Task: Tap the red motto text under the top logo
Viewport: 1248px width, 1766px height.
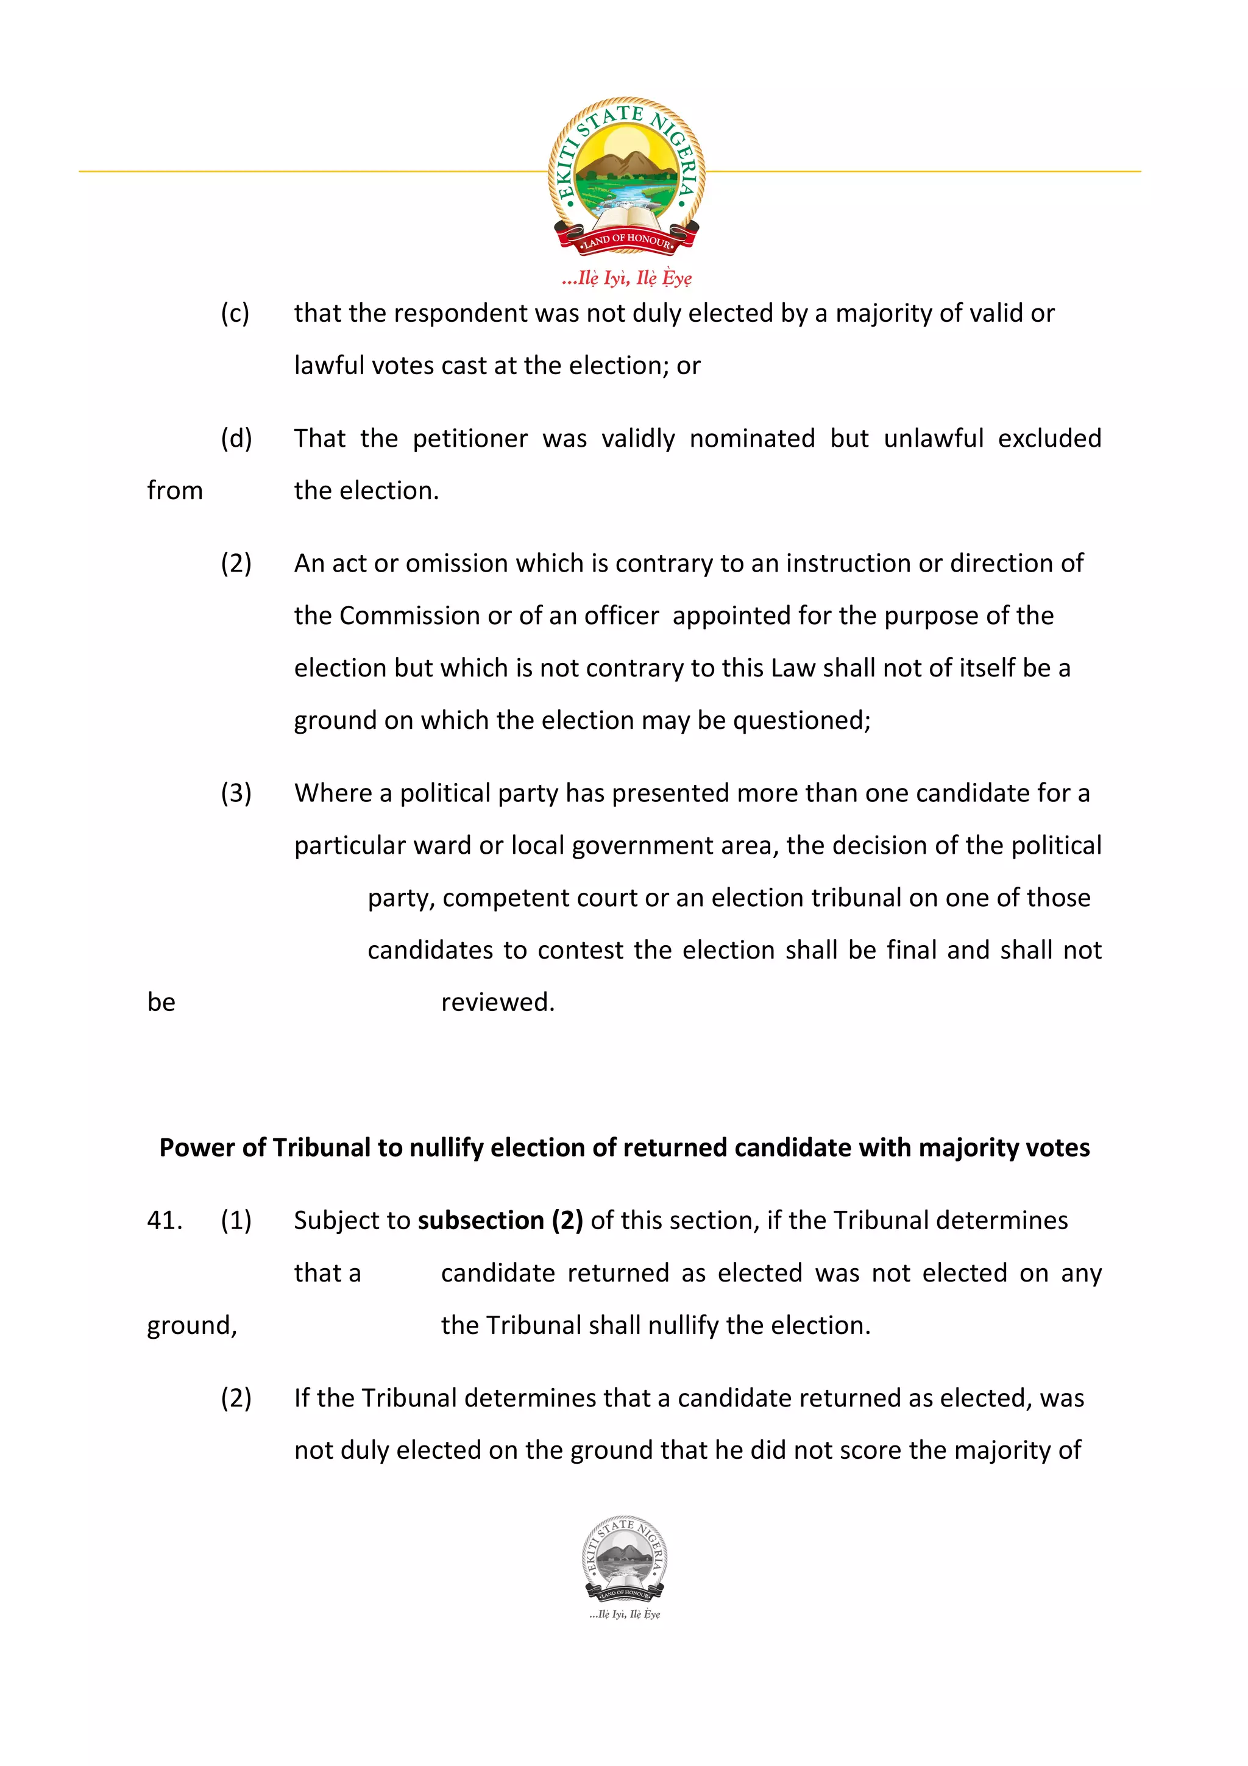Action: tap(626, 278)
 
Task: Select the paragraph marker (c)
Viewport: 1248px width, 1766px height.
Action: tap(235, 313)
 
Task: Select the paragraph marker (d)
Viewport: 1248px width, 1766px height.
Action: tap(235, 438)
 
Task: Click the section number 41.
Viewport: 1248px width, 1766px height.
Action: tap(165, 1221)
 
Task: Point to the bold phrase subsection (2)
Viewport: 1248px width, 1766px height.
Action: tap(500, 1221)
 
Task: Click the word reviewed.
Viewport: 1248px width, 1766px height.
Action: tap(497, 1002)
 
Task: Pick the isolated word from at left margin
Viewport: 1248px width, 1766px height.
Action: tap(174, 491)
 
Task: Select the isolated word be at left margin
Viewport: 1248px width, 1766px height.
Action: tap(161, 1002)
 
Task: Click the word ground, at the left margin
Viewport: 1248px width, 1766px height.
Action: tap(191, 1325)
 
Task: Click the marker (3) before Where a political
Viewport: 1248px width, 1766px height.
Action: tap(235, 793)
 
